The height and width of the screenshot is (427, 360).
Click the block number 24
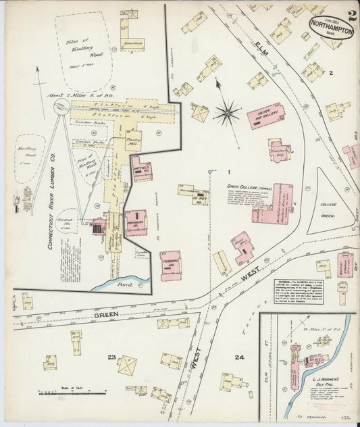point(238,356)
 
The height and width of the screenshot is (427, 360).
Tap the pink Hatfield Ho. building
point(141,168)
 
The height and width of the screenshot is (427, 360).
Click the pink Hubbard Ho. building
point(170,266)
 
